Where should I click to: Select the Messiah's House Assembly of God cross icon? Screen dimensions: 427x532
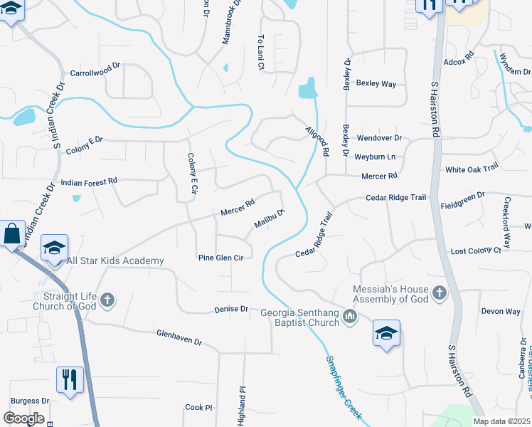coord(440,292)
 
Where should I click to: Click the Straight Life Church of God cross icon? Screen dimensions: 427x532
coord(107,300)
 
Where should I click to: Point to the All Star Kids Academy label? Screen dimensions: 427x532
coord(115,261)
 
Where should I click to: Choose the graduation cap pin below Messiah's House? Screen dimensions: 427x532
coord(386,333)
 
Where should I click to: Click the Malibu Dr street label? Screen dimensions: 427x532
coord(270,218)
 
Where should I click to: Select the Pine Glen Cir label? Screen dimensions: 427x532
coord(220,258)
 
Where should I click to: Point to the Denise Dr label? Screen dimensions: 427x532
coord(231,310)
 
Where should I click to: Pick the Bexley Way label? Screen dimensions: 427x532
coord(376,84)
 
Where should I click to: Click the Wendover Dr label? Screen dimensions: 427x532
coord(379,137)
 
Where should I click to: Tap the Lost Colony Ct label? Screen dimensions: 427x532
coord(476,251)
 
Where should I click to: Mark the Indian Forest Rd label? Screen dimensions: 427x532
coord(89,182)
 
